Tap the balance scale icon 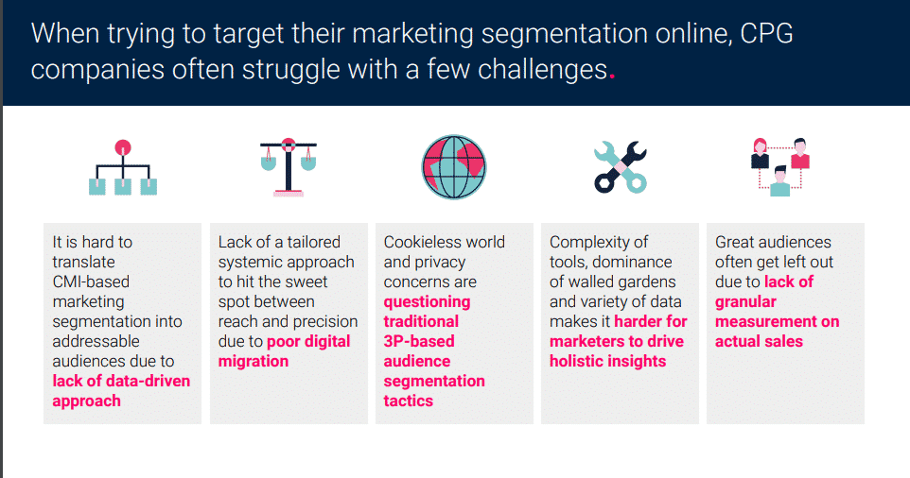288,167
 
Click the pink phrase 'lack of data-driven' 121,381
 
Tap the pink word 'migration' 253,361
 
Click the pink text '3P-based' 418,341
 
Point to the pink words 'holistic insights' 607,361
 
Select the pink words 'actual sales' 759,341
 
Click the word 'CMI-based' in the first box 91,282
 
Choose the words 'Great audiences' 773,242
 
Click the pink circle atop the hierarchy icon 122,147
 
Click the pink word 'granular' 745,301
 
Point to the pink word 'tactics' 408,401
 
